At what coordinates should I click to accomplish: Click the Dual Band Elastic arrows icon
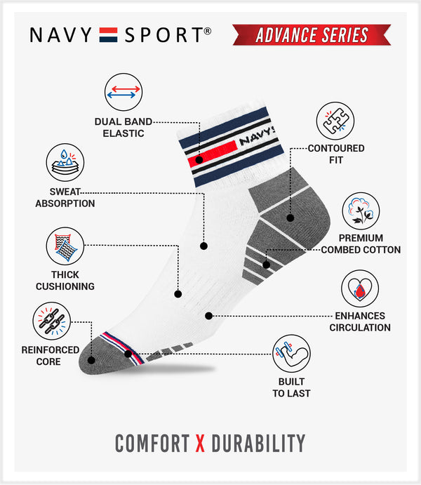tap(123, 91)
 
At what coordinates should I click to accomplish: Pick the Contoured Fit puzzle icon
tap(334, 121)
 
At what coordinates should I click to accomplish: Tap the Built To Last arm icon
tap(291, 354)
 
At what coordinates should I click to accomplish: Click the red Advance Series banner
tap(310, 34)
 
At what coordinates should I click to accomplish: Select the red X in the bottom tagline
tap(200, 443)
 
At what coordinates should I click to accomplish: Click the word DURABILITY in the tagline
tap(258, 443)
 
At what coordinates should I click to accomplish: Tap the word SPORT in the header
tap(166, 34)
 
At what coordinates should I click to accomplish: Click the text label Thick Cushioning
tap(65, 280)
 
